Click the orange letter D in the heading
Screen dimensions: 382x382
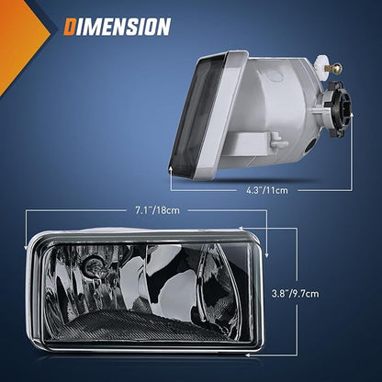point(70,27)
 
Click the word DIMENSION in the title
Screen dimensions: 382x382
point(118,27)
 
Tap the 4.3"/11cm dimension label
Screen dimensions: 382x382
point(267,190)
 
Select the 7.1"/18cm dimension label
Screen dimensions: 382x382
point(157,210)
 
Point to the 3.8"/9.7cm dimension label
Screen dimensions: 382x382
point(295,294)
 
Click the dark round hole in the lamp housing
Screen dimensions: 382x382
point(311,145)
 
